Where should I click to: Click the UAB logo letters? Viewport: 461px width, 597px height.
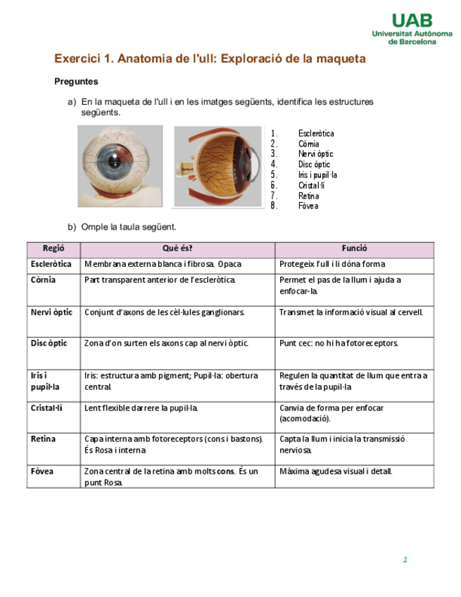click(x=412, y=20)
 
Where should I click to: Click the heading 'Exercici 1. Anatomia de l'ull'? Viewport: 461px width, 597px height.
click(x=210, y=58)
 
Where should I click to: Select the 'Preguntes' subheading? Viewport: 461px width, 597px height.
click(x=76, y=82)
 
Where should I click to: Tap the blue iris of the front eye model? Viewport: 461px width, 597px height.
click(x=113, y=164)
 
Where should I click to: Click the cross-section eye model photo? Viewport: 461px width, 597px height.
click(x=217, y=166)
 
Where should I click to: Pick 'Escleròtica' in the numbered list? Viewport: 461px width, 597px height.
click(x=316, y=133)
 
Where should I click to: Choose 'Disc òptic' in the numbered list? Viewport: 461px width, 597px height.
click(x=314, y=164)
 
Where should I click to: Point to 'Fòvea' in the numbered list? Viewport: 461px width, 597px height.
click(x=308, y=206)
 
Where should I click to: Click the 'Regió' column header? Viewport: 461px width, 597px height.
click(x=53, y=249)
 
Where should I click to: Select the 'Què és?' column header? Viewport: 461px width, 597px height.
click(x=177, y=249)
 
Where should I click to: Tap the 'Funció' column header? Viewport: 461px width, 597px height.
click(x=354, y=249)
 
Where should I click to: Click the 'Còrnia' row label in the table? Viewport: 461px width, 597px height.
click(x=44, y=279)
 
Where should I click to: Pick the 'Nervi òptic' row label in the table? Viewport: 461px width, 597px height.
click(x=51, y=312)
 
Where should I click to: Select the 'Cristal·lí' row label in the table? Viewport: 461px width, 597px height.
click(x=47, y=408)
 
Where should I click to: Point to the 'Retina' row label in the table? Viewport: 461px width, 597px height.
click(x=43, y=439)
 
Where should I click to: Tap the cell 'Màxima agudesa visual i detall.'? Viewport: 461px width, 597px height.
click(x=336, y=471)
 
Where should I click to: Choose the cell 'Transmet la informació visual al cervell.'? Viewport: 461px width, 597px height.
click(x=351, y=312)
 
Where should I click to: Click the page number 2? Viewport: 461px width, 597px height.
click(x=405, y=560)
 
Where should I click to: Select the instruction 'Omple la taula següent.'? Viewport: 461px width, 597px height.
click(x=128, y=227)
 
